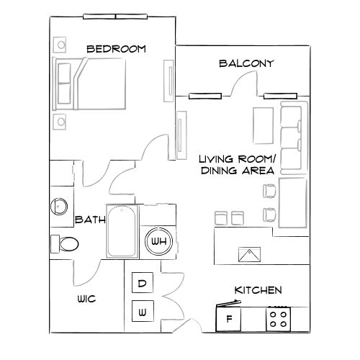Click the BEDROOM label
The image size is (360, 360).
pos(116,49)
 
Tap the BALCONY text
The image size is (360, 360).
pos(246,63)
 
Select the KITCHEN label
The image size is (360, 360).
pos(258,290)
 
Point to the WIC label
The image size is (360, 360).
pos(86,298)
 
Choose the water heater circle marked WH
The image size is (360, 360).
pos(158,241)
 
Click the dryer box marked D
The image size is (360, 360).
pos(143,284)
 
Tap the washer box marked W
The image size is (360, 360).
pos(143,312)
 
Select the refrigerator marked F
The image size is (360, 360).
pos(229,318)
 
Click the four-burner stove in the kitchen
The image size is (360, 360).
pos(279,318)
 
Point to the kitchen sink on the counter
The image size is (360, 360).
pos(250,253)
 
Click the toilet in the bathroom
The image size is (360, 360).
pos(65,243)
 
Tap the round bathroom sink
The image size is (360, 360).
pos(59,207)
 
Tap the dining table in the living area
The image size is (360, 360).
pos(293,204)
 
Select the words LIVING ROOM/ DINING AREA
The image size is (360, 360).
pos(236,165)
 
